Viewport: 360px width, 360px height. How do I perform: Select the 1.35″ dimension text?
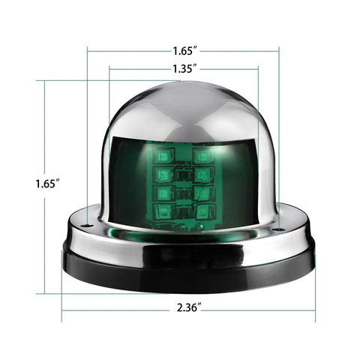184,67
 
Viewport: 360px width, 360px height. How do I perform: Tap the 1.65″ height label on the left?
46,182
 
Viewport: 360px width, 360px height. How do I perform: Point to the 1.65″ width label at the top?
184,51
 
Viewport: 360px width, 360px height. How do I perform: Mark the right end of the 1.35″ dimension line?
258,67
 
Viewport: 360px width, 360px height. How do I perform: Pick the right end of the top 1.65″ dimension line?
279,51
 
